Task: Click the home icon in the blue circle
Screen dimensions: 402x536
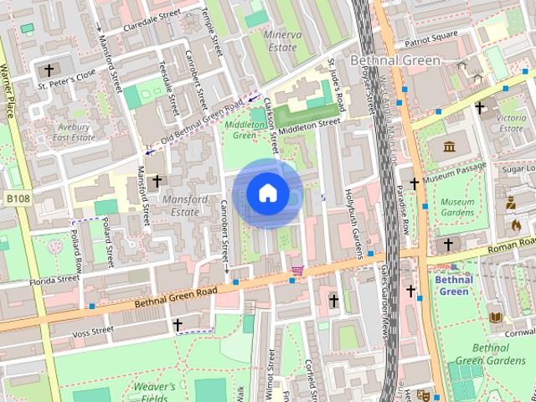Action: click(x=267, y=193)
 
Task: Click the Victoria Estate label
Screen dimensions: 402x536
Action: click(x=511, y=123)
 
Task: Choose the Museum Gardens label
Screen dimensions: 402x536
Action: click(x=458, y=208)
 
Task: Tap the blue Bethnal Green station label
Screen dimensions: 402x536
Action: click(x=454, y=286)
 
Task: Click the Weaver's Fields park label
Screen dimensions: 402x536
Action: click(x=153, y=392)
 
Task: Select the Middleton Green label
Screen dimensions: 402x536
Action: click(x=244, y=130)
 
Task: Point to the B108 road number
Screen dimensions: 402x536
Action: click(x=17, y=198)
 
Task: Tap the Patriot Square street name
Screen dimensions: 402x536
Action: click(x=431, y=39)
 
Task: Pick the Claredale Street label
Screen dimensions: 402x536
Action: click(x=152, y=19)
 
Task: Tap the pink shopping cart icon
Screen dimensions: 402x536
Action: click(x=297, y=271)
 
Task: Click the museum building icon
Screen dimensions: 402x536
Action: click(x=449, y=147)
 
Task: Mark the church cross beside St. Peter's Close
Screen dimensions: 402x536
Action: click(x=49, y=70)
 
